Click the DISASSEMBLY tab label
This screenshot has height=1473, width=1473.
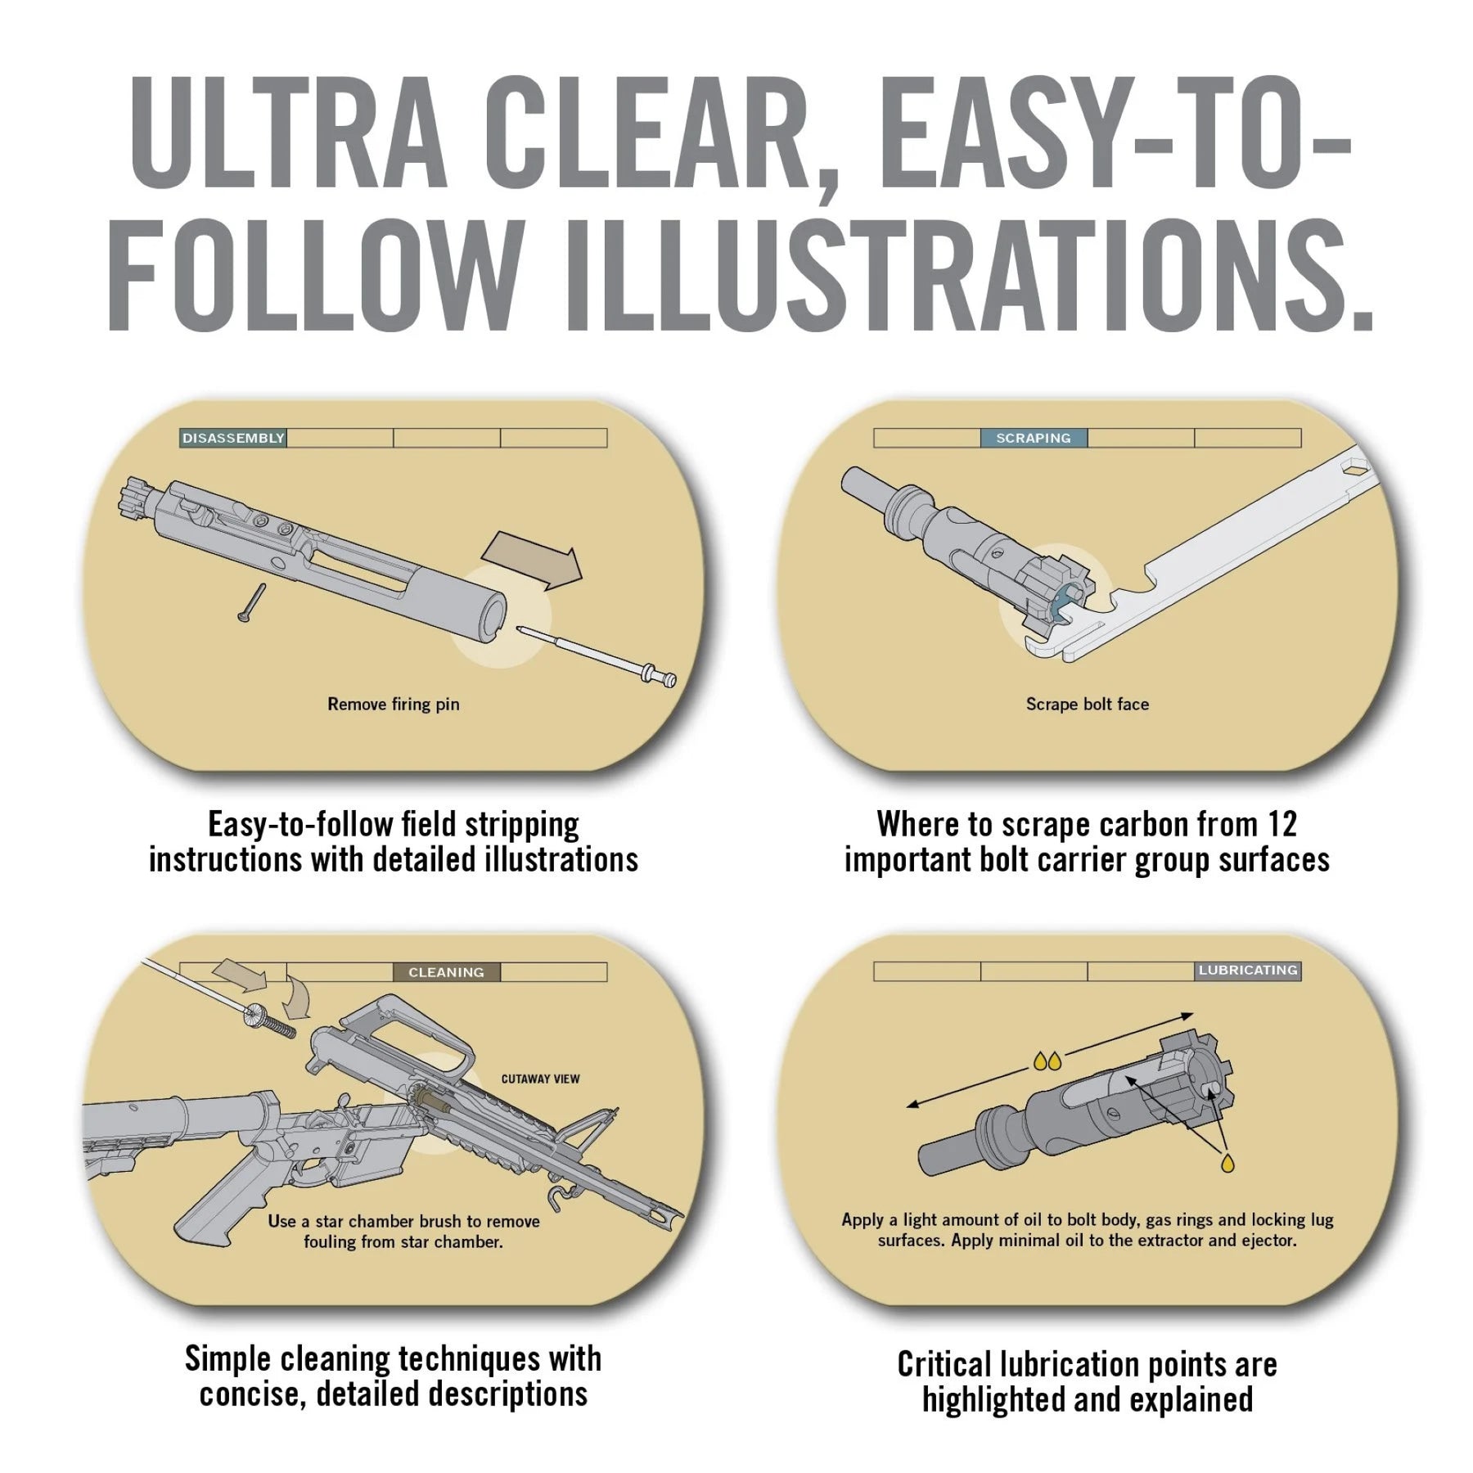(233, 438)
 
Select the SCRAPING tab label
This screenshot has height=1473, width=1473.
(1034, 438)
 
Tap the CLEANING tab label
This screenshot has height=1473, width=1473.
(446, 972)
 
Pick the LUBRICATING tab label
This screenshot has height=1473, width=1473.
(1248, 971)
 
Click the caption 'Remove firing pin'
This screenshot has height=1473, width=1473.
(394, 704)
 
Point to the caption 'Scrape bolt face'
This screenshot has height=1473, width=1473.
(1088, 704)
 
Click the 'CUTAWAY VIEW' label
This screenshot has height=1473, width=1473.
(540, 1079)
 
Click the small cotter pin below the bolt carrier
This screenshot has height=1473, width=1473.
(250, 602)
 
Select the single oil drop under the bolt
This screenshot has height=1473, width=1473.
(1227, 1163)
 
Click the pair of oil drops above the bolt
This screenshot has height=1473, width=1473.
(1047, 1061)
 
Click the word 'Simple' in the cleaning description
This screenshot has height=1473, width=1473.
(228, 1358)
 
